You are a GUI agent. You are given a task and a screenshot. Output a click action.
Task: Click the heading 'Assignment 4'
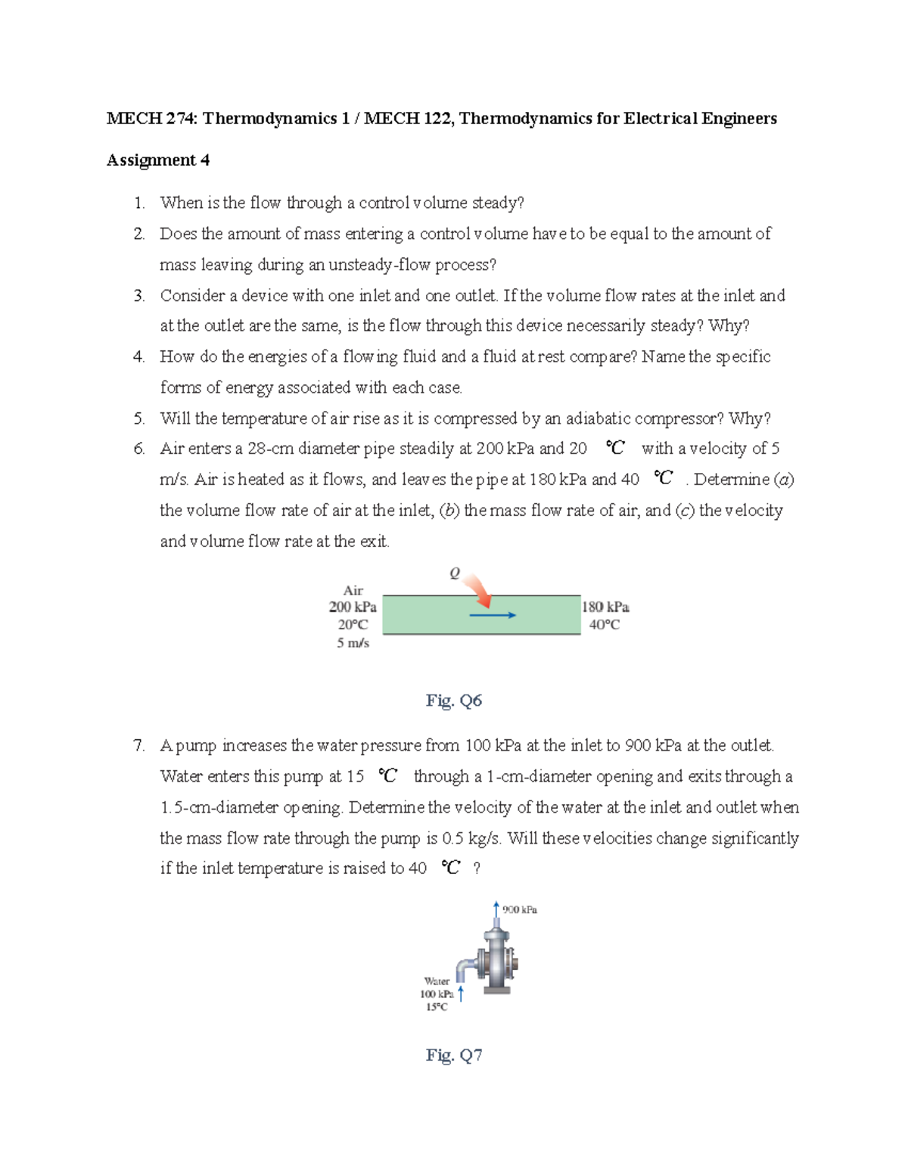pos(158,160)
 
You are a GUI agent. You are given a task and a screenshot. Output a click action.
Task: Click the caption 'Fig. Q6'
pos(454,701)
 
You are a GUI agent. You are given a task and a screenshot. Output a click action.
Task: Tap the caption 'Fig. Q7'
pos(454,1055)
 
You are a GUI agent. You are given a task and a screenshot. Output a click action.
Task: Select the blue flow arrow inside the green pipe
pos(493,615)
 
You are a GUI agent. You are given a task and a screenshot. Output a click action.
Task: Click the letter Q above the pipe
pos(454,574)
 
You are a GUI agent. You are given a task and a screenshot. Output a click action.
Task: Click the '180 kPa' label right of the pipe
pos(605,607)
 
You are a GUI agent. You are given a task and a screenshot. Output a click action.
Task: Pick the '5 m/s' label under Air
pos(353,642)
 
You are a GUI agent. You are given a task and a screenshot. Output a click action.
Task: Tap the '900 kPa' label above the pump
pos(520,909)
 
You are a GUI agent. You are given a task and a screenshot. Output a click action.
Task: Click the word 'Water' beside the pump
pos(437,981)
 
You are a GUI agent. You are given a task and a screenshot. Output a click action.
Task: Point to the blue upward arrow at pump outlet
pos(496,909)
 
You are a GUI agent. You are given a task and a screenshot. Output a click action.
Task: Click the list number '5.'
pos(139,418)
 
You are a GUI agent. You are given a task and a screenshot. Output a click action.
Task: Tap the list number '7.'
pos(139,746)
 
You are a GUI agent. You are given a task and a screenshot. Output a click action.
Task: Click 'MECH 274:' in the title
pos(152,119)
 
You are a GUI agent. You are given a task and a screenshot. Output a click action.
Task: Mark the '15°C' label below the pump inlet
pos(437,1007)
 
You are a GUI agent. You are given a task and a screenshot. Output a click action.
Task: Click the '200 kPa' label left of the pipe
pos(353,607)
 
